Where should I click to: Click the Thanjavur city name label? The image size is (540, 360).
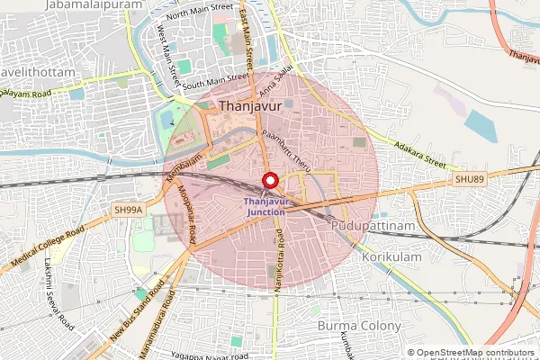250,107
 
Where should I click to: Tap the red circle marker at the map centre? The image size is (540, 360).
269,178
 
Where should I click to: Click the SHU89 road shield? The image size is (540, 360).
468,180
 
